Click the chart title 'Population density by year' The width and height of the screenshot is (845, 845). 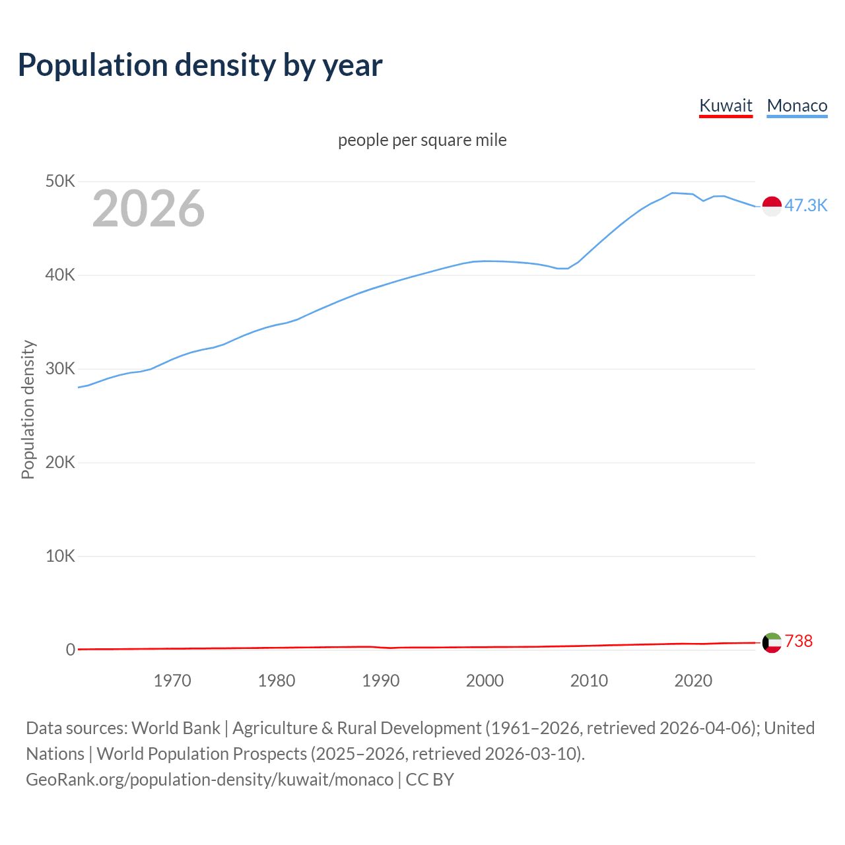click(x=200, y=65)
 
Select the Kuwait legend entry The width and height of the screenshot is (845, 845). click(x=726, y=106)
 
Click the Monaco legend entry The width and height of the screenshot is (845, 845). click(x=797, y=106)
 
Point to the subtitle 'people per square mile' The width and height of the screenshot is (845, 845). click(x=422, y=140)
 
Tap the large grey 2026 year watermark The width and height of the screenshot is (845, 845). click(x=149, y=209)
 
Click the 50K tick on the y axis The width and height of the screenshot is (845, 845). click(x=60, y=181)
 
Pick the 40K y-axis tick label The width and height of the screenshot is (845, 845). click(x=60, y=275)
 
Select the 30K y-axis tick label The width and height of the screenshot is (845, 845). click(x=60, y=368)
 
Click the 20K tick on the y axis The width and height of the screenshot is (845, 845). click(x=60, y=462)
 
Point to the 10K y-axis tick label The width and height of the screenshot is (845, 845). click(x=60, y=556)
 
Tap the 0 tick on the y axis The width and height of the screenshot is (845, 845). click(x=70, y=650)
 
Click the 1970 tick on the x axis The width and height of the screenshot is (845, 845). click(x=172, y=681)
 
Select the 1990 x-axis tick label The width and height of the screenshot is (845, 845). click(x=381, y=681)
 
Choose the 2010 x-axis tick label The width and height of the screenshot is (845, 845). click(x=589, y=681)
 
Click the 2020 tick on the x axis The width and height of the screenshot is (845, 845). click(x=693, y=681)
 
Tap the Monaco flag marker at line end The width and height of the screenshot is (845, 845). click(x=772, y=206)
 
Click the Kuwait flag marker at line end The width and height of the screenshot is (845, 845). click(x=772, y=642)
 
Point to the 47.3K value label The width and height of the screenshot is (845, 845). click(x=805, y=205)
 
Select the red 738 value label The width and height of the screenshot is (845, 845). click(x=799, y=641)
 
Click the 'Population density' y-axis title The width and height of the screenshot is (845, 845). click(x=28, y=409)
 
